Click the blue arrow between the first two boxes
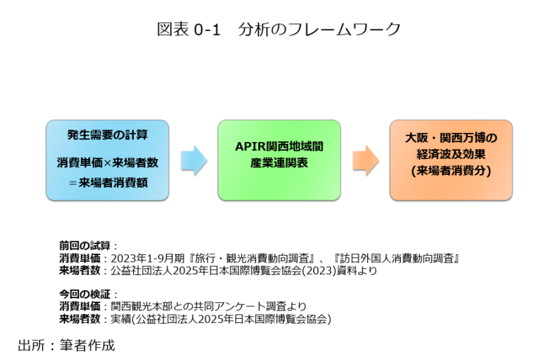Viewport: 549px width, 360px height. click(x=194, y=159)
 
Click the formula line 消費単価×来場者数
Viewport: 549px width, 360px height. click(x=107, y=164)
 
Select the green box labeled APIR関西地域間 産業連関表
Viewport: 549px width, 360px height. click(x=279, y=159)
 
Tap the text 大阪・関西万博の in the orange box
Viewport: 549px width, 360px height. click(x=451, y=139)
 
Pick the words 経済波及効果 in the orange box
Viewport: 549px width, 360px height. click(x=451, y=155)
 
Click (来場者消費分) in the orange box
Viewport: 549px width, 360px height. click(x=451, y=171)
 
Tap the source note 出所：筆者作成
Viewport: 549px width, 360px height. click(x=67, y=344)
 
